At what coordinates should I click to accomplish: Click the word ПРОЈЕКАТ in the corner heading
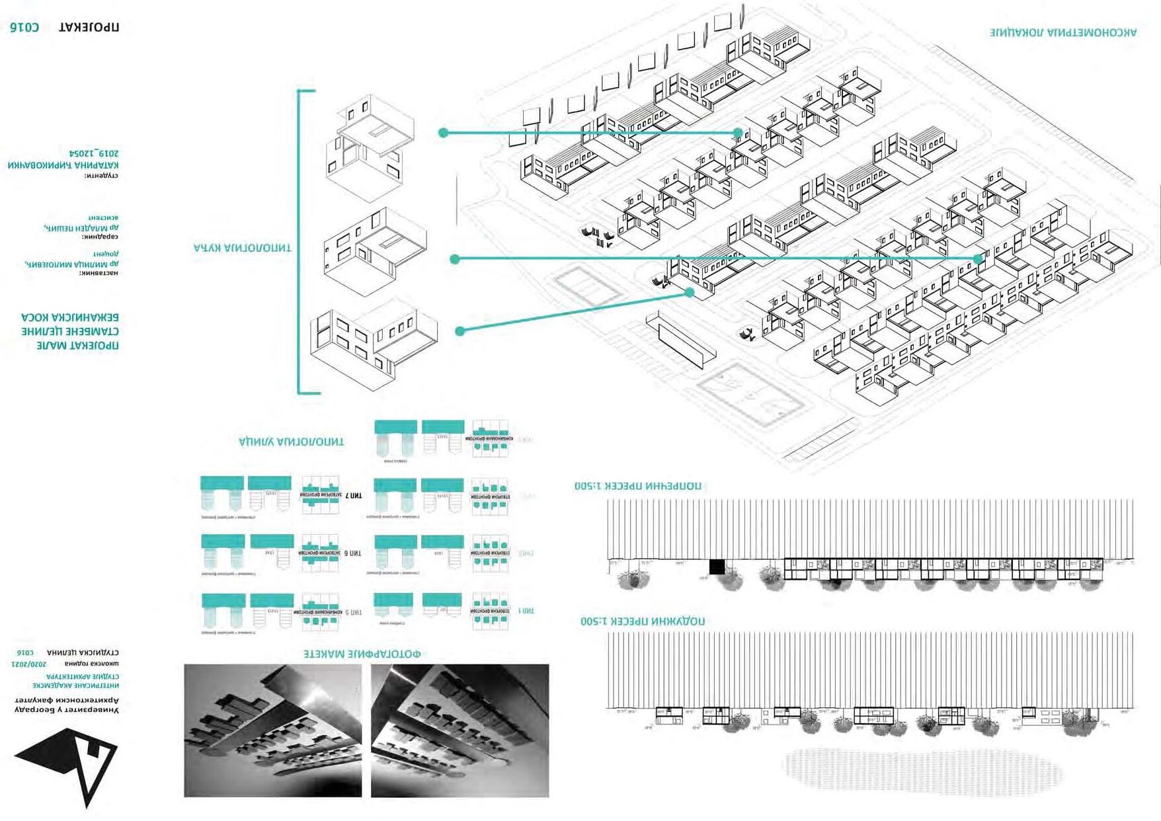89,28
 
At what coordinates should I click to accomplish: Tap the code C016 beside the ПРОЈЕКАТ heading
24,27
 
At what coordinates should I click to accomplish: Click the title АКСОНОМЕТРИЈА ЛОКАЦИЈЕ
1063,32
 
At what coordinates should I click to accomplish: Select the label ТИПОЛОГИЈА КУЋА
242,248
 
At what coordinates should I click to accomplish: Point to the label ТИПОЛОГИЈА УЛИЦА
292,442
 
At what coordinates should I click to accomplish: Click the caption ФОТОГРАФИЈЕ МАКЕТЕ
362,654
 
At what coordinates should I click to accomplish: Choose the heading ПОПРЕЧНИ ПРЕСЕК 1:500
638,486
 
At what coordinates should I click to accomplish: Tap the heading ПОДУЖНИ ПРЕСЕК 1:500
643,621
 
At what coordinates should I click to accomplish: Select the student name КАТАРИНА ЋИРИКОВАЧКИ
63,165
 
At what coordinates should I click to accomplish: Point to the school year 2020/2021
29,664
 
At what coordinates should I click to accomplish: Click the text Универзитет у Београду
67,710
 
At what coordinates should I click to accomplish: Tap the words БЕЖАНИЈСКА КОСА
70,317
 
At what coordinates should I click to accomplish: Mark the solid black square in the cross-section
717,567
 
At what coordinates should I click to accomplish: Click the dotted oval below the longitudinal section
922,770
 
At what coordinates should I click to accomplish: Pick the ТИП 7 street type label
354,495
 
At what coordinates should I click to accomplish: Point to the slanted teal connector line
575,311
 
